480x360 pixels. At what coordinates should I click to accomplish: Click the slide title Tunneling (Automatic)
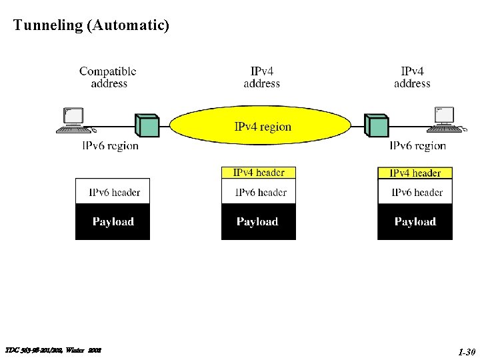[x=91, y=26]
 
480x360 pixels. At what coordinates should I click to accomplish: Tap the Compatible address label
[x=108, y=77]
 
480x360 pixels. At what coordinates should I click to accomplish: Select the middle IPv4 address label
[x=261, y=77]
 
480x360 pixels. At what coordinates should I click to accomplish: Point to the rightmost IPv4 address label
[x=412, y=77]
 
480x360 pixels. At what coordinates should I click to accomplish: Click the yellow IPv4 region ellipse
[x=260, y=125]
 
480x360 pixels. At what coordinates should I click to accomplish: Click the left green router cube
[x=147, y=125]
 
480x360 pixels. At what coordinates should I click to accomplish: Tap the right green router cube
[x=376, y=125]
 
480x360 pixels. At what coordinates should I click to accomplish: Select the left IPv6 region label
[x=110, y=146]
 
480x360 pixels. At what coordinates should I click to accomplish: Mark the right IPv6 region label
[x=417, y=146]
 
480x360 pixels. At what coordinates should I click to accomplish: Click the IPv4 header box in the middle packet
[x=259, y=173]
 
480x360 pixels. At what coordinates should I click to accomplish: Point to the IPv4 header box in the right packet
[x=415, y=173]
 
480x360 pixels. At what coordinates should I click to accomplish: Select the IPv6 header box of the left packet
[x=113, y=192]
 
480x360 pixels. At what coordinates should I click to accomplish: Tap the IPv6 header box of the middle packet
[x=259, y=192]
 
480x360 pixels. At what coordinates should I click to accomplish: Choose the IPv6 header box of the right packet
[x=415, y=192]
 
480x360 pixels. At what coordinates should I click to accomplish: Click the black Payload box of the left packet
[x=113, y=222]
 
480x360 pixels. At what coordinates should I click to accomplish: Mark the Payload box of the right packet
[x=415, y=222]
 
